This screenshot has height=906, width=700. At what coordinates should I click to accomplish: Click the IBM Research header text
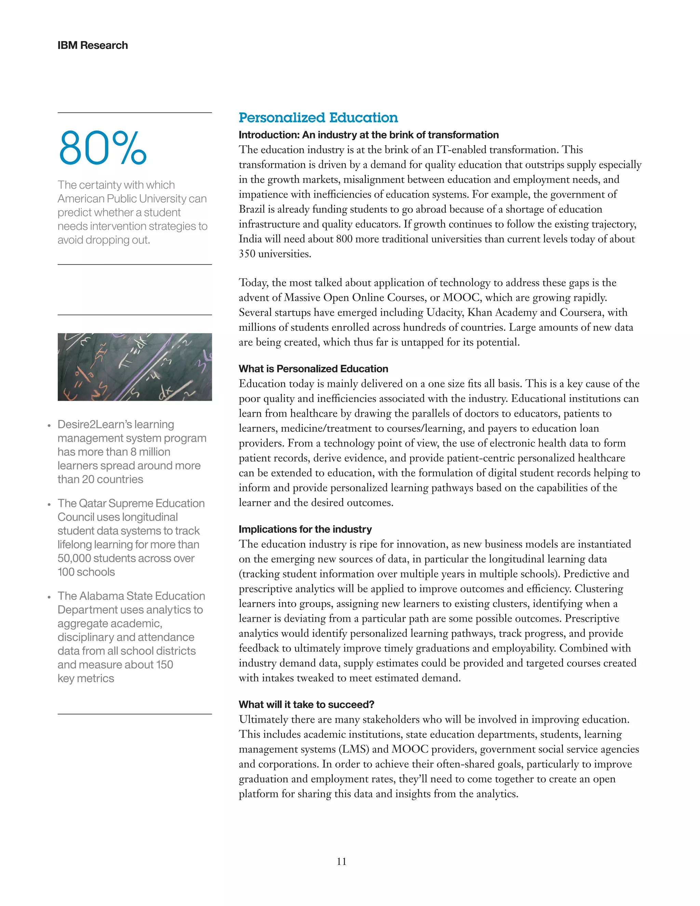pos(93,45)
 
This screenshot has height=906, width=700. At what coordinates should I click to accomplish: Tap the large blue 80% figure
pos(103,148)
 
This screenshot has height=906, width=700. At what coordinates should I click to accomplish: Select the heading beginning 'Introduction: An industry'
pos(368,135)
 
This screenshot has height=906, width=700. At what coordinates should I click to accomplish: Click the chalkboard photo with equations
pos(134,367)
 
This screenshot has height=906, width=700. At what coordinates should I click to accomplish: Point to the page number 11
pos(341,861)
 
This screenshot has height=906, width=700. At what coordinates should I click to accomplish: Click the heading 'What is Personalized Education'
pos(313,369)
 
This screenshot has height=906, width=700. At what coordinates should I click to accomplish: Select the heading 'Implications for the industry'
pos(305,529)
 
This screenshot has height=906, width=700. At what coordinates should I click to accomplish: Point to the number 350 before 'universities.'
pos(247,254)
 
